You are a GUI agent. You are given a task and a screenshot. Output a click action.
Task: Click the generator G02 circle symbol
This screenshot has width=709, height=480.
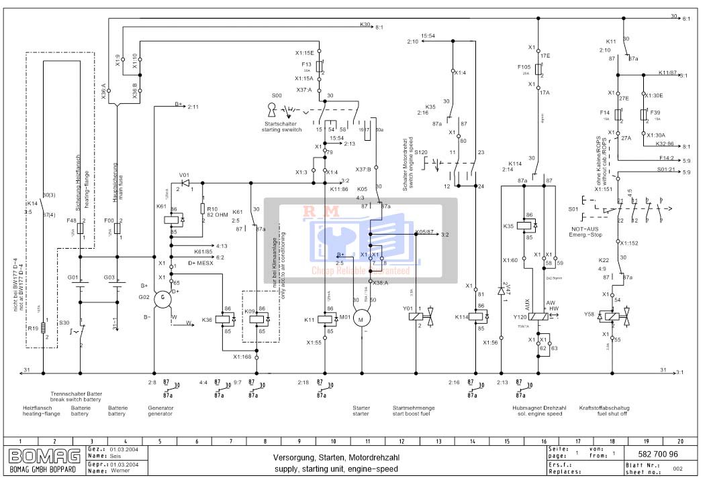click(162, 300)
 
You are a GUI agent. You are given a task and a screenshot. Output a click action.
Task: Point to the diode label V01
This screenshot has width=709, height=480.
click(184, 175)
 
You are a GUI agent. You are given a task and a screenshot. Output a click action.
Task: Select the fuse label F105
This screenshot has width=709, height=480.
click(524, 67)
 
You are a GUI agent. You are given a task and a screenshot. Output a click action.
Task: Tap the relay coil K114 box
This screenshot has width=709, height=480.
click(480, 316)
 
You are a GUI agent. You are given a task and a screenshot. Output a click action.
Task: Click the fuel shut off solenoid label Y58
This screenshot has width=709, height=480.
click(589, 314)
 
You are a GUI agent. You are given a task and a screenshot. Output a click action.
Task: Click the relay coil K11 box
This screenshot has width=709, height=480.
click(329, 319)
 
